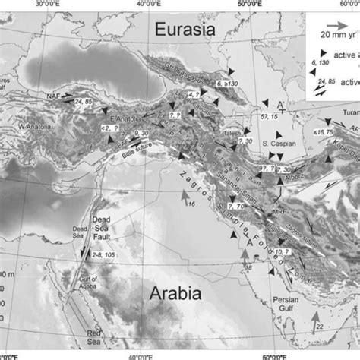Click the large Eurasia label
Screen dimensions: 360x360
click(186, 30)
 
